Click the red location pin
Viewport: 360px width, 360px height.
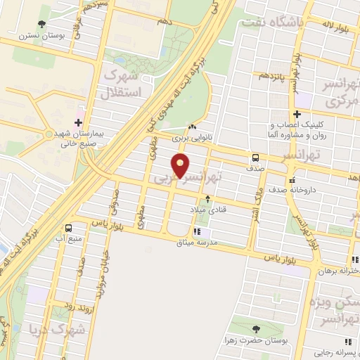[x=181, y=166]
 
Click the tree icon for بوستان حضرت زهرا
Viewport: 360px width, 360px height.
[x=255, y=329]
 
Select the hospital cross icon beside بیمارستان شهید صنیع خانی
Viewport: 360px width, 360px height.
[x=86, y=122]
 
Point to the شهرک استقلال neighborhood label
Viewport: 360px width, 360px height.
[x=122, y=82]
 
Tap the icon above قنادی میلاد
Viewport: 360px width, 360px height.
[x=207, y=199]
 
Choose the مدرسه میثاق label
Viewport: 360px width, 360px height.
[x=209, y=242]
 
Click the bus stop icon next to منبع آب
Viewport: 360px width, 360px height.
[x=69, y=228]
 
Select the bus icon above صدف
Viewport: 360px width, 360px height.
[x=255, y=157]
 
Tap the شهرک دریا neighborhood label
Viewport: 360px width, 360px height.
[x=58, y=328]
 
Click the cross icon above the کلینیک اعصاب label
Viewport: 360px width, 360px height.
[x=297, y=114]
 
